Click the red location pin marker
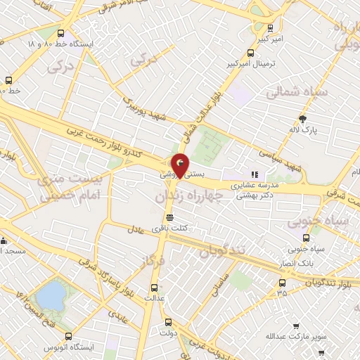(181, 165)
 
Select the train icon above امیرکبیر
(269, 28)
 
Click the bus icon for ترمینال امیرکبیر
(250, 53)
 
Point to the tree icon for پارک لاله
(303, 119)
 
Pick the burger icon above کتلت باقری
(169, 217)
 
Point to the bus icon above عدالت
(155, 288)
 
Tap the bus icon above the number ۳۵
(282, 283)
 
